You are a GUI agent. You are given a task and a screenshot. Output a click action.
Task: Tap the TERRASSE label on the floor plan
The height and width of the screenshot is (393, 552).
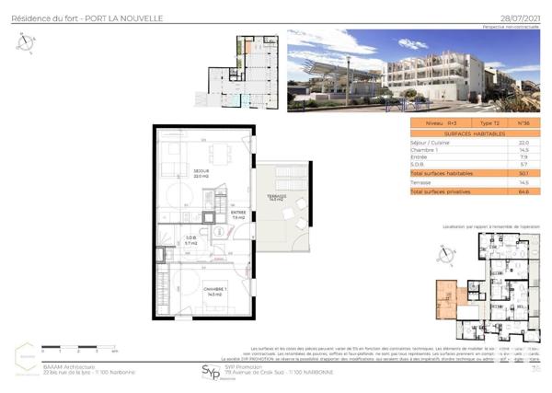[x=278, y=197]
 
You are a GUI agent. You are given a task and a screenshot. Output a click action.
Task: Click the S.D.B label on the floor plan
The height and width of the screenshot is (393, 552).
[x=190, y=238]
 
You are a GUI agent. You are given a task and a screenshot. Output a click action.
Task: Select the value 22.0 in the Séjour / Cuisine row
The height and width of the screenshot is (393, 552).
[x=523, y=143]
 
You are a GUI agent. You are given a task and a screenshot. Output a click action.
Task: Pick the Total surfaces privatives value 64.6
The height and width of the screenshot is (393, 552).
[x=523, y=191]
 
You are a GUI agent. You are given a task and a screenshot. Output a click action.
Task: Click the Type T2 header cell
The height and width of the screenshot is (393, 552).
[x=489, y=121]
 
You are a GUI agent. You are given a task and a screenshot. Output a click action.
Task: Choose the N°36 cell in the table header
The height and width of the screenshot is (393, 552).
[x=523, y=121]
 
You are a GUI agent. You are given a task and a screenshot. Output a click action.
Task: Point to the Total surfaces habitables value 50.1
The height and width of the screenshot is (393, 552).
[x=523, y=173]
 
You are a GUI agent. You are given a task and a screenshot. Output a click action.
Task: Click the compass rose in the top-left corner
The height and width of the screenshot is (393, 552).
[x=26, y=41]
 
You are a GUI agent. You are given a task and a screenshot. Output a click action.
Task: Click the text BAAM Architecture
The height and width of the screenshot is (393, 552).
[x=65, y=365]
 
